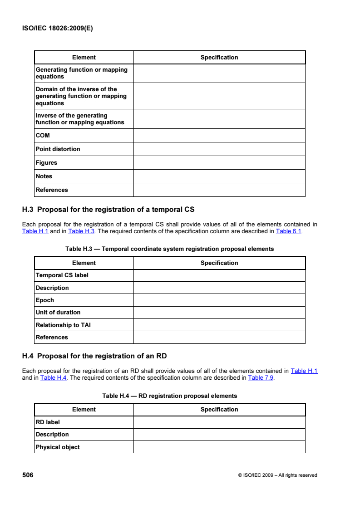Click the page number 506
(28, 475)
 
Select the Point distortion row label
(58, 149)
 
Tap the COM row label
(43, 135)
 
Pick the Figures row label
(46, 162)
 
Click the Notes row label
(44, 176)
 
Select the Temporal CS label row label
(62, 275)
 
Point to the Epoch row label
(45, 300)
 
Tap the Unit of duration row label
(58, 312)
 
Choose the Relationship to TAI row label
(63, 325)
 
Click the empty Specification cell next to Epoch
(219, 300)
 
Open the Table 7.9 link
(260, 377)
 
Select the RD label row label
(48, 422)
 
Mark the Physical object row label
(58, 447)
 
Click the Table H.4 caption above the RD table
(170, 396)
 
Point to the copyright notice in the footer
(277, 475)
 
